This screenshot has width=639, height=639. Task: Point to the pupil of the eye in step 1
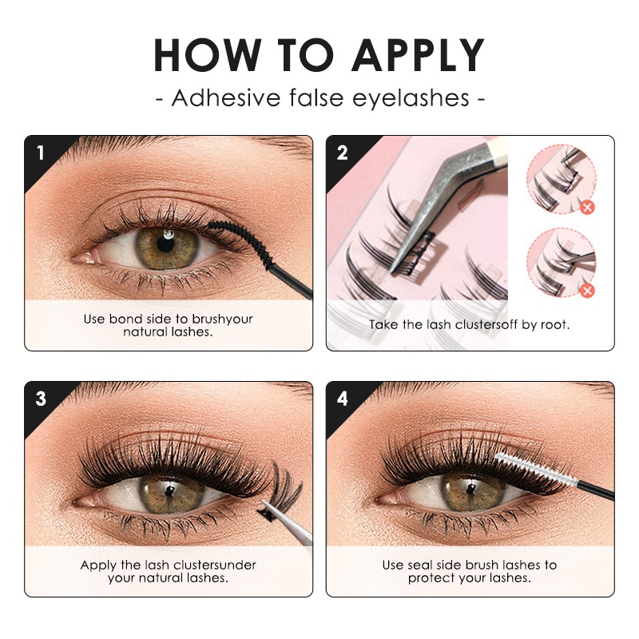click(166, 242)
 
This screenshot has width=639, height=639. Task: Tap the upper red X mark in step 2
click(587, 208)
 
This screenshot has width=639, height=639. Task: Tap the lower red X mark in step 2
click(587, 290)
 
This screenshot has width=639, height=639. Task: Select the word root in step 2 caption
click(554, 325)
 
